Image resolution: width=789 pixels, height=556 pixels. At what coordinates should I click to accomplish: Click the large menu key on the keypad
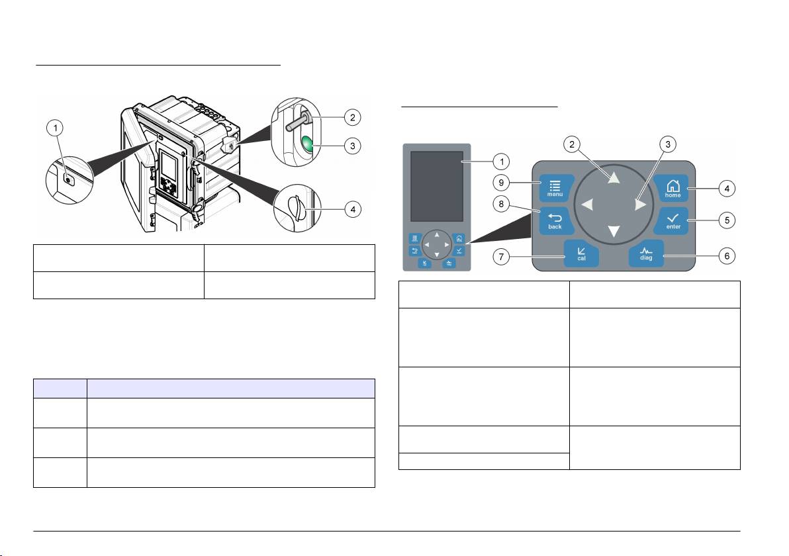coord(555,188)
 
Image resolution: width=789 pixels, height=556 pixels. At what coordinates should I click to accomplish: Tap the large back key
coord(555,220)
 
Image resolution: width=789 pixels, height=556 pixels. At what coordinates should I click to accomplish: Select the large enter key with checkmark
coord(672,220)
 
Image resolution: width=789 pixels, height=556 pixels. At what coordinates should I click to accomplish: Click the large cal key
coord(581,253)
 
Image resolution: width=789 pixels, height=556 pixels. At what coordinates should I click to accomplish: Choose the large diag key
coord(646,253)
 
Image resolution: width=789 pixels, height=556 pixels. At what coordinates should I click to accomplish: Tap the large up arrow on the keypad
coord(614,177)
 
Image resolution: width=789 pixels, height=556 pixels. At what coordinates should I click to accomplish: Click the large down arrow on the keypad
coord(614,232)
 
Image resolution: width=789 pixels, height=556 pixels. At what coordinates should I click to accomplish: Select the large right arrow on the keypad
coord(640,205)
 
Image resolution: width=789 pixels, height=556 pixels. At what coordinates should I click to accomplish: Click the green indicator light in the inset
coord(307,145)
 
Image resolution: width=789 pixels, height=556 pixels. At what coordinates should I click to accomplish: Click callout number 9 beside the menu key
coord(500,183)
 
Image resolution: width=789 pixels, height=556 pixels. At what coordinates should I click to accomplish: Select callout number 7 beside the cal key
coord(500,257)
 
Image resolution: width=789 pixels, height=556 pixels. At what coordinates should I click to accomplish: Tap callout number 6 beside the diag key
coord(727,255)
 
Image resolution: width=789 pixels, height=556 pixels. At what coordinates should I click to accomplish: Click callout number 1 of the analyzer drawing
coord(55,128)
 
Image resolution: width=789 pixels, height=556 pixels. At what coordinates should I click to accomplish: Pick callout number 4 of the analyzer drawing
coord(353,209)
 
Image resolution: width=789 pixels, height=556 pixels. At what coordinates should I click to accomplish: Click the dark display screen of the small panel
coord(437,186)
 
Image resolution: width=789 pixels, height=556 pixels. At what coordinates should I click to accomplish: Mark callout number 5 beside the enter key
coord(727,220)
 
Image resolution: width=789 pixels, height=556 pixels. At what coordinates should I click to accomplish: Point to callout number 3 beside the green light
coord(352,146)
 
